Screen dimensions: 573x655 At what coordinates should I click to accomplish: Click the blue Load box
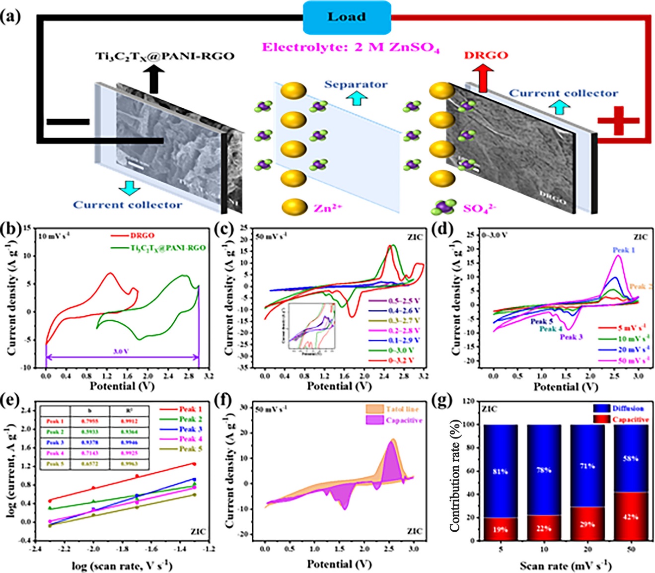(347, 17)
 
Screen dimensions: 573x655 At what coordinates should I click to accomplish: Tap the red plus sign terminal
(618, 121)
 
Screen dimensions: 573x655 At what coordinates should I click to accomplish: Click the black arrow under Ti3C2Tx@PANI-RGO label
(154, 79)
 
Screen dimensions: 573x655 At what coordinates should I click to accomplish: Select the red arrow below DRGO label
(483, 78)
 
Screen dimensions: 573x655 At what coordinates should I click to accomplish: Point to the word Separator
(356, 84)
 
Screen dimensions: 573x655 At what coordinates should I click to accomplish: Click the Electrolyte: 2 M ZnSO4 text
(351, 48)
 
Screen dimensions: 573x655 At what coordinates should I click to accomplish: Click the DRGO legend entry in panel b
(142, 236)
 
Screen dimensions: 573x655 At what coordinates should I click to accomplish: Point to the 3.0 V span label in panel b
(121, 351)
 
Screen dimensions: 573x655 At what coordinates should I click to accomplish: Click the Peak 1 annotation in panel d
(624, 250)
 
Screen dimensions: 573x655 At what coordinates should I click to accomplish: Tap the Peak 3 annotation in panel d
(571, 337)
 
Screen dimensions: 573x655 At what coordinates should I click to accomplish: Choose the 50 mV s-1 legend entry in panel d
(633, 360)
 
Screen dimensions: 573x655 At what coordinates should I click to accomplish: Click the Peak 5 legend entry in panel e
(190, 449)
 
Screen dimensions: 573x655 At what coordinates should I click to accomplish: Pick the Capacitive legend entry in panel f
(403, 420)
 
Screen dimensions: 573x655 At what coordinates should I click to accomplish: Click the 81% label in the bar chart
(500, 471)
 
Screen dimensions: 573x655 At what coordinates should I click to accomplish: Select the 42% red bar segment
(630, 516)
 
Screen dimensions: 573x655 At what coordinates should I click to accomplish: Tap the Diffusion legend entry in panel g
(627, 408)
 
